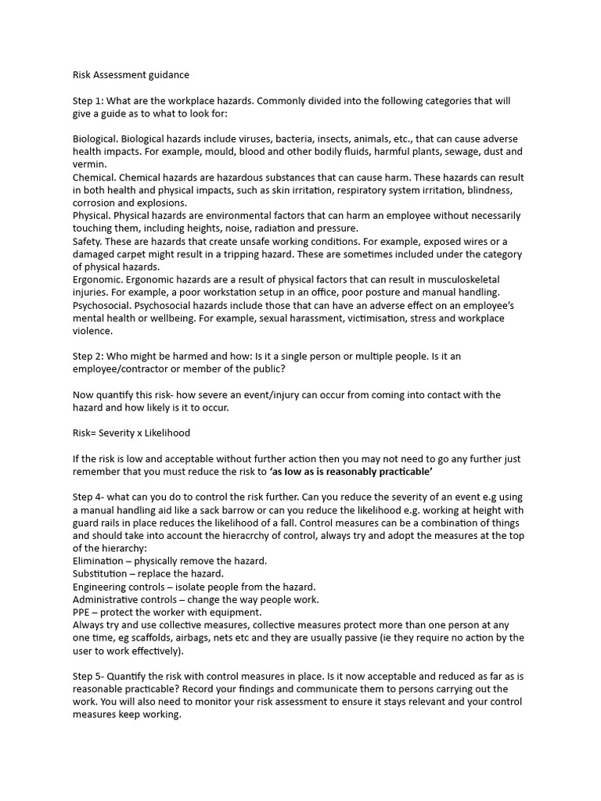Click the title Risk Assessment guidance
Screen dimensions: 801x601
(131, 75)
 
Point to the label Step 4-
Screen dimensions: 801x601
(89, 497)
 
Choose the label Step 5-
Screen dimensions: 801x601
(89, 676)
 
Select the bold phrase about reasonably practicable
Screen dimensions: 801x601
(340, 471)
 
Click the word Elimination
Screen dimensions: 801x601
(99, 561)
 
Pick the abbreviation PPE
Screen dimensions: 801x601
(82, 612)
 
